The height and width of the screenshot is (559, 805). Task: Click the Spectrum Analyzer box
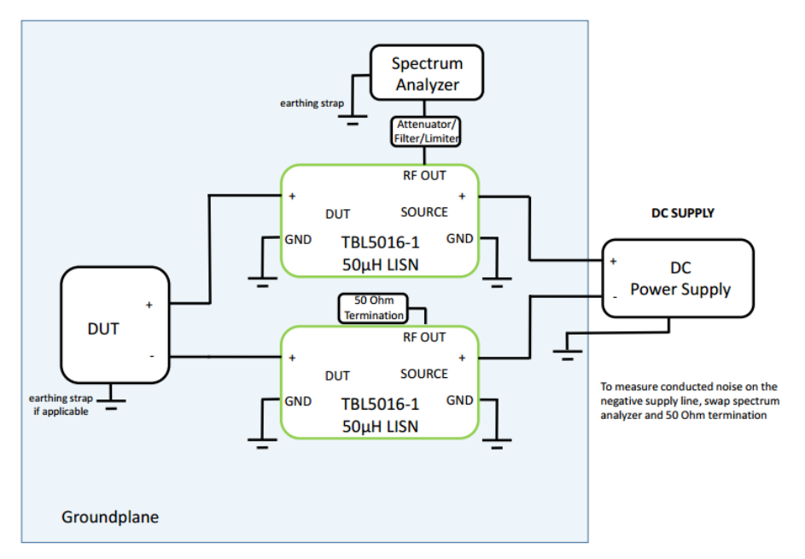(426, 73)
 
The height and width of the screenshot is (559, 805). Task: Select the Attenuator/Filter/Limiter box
(426, 131)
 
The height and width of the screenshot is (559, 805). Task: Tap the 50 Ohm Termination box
(373, 308)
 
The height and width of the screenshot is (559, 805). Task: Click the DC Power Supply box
(680, 279)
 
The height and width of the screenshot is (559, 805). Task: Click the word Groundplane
(110, 517)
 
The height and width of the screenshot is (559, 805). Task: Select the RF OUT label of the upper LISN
(424, 176)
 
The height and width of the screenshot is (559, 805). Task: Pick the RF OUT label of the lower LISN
(424, 337)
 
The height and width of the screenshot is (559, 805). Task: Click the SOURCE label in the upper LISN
(424, 212)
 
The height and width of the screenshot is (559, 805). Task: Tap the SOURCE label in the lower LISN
(424, 374)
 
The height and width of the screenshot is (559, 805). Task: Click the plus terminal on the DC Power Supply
(613, 261)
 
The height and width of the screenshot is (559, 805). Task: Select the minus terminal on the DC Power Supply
(613, 296)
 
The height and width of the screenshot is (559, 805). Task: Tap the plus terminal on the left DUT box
(149, 305)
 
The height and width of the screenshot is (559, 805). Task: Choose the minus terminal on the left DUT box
(151, 355)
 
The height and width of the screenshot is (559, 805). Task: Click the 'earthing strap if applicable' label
(59, 405)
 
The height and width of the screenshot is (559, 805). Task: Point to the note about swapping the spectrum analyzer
(690, 401)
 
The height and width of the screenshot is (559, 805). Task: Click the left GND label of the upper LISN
(298, 239)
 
